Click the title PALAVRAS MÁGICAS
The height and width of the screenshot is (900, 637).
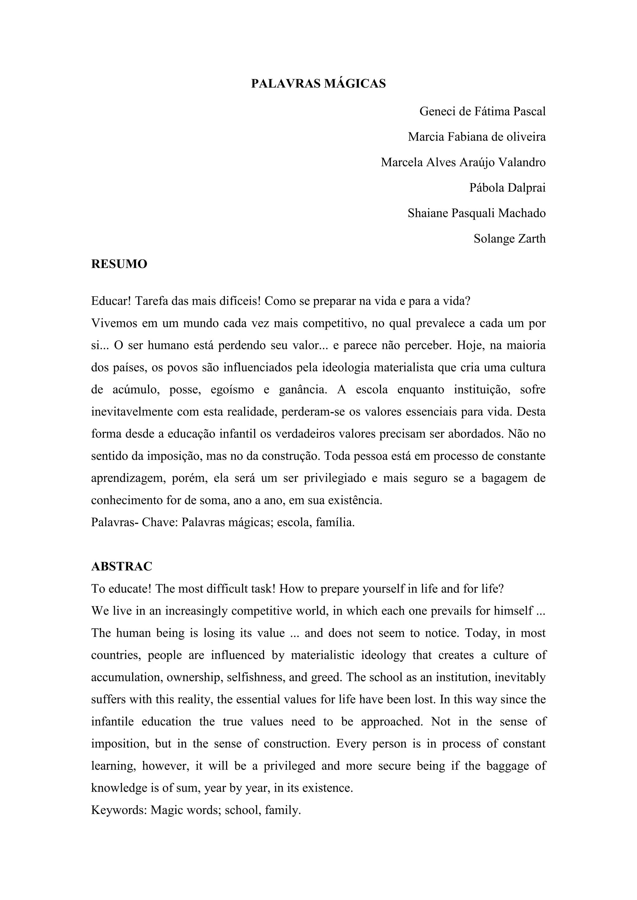click(x=318, y=84)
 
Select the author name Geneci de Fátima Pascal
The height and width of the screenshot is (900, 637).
click(x=482, y=112)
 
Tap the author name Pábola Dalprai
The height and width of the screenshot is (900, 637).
click(x=507, y=188)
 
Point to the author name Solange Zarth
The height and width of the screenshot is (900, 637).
click(x=509, y=239)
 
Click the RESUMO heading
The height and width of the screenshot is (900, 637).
click(x=119, y=264)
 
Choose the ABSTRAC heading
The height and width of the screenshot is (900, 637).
click(x=122, y=567)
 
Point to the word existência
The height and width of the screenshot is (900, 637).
click(x=355, y=501)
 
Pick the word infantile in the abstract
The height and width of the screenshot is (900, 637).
click(x=112, y=722)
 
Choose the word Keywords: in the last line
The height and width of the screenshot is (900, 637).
click(x=119, y=810)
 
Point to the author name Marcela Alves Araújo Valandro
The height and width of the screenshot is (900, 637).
click(x=463, y=163)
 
